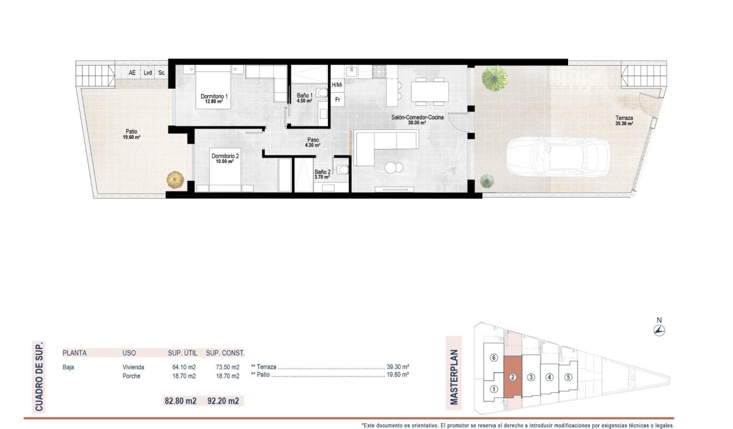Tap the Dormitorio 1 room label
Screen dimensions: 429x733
coord(214,96)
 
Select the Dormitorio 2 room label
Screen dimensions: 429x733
coord(225,157)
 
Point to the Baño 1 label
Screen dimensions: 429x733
coord(304,95)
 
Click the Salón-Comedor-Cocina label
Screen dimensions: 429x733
coord(417,118)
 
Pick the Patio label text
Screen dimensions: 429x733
coord(131,132)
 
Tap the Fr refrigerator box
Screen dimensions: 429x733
coord(338,99)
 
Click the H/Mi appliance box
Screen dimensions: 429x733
coord(337,85)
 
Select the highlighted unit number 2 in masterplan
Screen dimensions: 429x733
coord(513,377)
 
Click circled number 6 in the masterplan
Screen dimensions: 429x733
coord(494,357)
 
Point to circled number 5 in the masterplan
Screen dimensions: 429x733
coord(568,377)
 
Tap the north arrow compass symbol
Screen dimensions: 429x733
coord(659,330)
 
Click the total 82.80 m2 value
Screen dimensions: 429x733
coord(181,401)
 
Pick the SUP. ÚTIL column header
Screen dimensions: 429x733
coord(182,353)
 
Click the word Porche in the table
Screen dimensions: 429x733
coord(132,376)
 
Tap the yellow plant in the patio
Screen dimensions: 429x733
coord(175,178)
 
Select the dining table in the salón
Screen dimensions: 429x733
coord(430,90)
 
